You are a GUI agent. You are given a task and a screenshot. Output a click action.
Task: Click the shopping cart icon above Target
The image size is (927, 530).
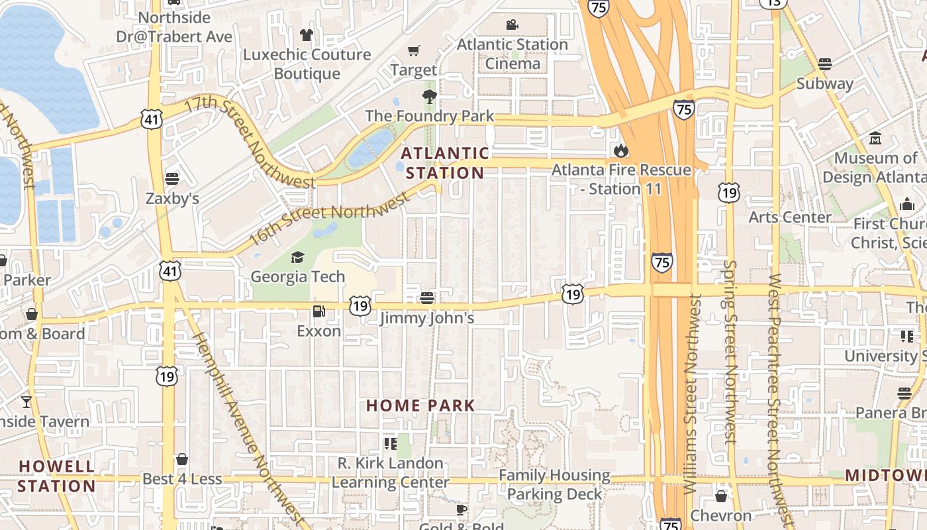(x=414, y=51)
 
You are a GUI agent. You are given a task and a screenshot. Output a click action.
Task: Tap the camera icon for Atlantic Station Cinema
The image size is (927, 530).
(x=512, y=25)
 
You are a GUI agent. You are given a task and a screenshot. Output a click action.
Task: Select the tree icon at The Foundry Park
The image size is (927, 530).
(x=430, y=97)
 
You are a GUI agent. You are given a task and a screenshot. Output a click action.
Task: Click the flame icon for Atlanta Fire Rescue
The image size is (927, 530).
(x=621, y=151)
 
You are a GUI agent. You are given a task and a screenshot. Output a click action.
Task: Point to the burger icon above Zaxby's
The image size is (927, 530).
(x=172, y=178)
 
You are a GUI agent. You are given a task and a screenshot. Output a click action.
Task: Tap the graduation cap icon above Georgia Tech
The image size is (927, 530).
(x=297, y=257)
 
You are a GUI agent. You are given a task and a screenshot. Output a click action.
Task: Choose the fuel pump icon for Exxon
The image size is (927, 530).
(x=319, y=311)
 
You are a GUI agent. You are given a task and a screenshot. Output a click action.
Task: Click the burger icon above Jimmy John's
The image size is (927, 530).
(x=427, y=297)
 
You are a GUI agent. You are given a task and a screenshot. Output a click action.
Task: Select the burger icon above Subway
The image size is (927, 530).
(x=824, y=64)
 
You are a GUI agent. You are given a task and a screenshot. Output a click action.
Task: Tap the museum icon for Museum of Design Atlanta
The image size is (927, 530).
(x=876, y=138)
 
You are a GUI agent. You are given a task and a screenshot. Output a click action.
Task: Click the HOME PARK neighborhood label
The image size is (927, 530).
(x=420, y=405)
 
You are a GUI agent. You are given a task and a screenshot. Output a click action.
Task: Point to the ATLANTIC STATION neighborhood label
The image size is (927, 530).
(x=445, y=163)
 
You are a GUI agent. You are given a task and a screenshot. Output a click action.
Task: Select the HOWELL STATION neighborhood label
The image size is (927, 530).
(x=57, y=476)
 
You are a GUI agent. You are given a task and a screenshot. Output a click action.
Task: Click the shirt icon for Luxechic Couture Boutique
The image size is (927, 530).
(x=306, y=34)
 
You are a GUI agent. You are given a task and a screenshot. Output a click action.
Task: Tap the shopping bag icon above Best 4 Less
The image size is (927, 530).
(x=182, y=459)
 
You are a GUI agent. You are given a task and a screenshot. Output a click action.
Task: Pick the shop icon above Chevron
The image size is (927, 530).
(x=721, y=496)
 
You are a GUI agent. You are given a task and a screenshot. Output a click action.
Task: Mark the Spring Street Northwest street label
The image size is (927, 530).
(x=730, y=351)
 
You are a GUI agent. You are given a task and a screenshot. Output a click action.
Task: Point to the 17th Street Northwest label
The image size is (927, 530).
(x=250, y=142)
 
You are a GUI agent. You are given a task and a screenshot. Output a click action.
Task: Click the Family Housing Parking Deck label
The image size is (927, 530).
(x=555, y=484)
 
